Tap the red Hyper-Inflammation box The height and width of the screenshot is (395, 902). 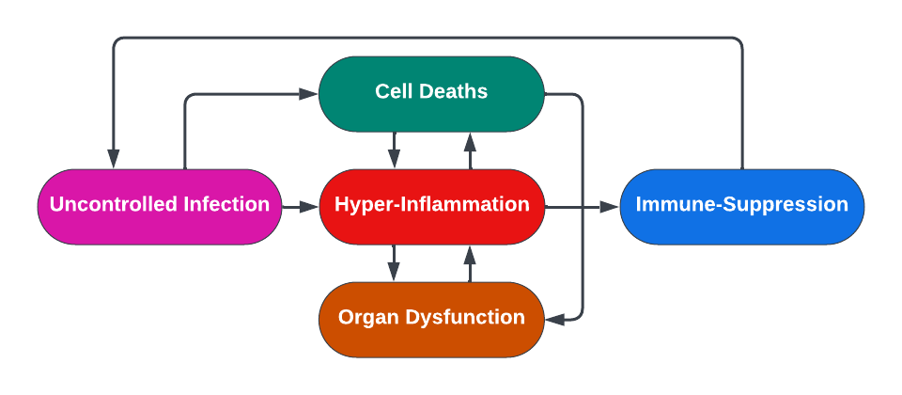[x=432, y=206]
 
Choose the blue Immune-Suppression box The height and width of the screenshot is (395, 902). [x=741, y=206]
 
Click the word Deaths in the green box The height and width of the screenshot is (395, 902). [x=455, y=91]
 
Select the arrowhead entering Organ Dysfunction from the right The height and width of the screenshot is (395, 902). [x=556, y=320]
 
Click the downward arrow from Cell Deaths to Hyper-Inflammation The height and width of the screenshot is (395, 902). [x=395, y=150]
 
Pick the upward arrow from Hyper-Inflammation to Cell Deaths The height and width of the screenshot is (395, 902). [x=470, y=150]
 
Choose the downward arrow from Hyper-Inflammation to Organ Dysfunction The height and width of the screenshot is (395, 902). [x=395, y=263]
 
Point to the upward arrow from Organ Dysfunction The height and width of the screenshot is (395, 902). [x=470, y=263]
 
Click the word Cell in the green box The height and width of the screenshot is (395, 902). [x=393, y=91]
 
